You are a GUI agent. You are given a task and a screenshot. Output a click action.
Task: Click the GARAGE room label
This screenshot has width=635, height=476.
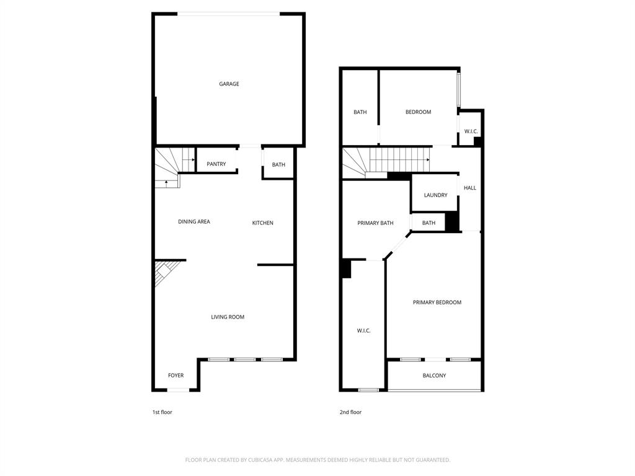229,84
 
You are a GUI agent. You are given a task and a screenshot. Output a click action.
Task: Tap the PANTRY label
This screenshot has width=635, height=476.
216,164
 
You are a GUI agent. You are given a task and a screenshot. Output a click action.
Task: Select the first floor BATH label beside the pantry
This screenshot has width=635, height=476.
278,165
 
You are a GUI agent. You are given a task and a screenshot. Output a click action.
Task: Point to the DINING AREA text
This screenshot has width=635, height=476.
194,222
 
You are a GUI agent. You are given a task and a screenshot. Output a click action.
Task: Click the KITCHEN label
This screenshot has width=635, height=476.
262,223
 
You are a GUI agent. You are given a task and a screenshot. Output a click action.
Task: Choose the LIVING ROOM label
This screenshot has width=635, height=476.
228,317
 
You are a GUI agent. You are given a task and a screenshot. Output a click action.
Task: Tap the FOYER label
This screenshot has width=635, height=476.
176,376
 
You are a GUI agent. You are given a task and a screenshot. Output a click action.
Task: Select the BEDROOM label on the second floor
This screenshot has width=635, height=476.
418,112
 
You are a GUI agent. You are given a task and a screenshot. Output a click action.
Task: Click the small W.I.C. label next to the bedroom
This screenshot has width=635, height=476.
471,131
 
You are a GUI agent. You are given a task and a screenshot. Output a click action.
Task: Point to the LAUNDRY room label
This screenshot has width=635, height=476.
435,195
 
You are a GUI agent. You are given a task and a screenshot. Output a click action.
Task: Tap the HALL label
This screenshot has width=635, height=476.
470,188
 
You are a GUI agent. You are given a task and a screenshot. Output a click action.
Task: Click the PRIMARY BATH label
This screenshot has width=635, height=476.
375,223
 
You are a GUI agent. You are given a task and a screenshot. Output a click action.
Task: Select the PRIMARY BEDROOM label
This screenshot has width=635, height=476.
437,302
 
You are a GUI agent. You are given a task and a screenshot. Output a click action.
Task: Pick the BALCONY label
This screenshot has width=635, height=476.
434,376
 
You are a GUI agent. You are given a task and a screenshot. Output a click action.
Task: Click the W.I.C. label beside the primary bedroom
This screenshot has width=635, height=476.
363,331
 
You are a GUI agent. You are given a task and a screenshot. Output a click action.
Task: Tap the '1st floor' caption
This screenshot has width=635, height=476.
162,412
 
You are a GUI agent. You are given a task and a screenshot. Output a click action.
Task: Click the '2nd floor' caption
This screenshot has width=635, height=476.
350,412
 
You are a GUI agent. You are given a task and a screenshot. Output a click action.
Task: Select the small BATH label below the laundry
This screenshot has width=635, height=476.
429,223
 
